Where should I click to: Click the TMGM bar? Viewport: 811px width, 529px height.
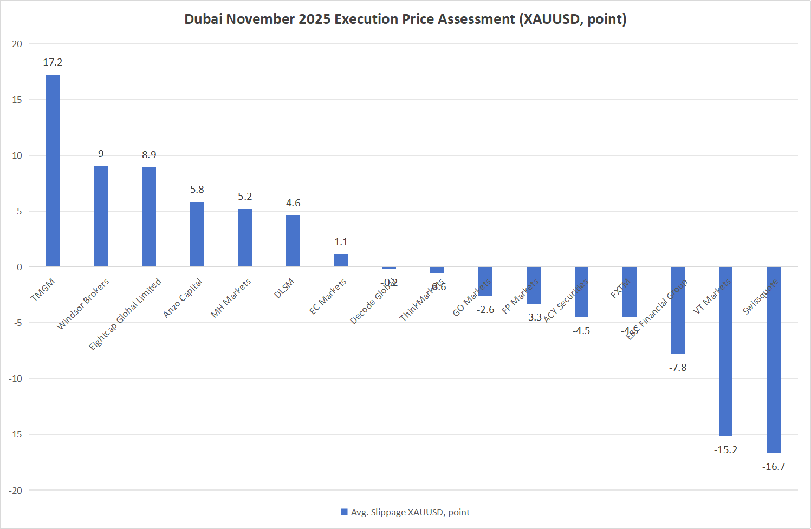(53, 171)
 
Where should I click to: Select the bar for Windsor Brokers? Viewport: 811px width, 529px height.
(101, 217)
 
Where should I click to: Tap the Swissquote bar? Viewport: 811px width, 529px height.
(773, 360)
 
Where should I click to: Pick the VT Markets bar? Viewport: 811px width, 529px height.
(725, 352)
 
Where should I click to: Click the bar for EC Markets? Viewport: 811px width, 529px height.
(341, 260)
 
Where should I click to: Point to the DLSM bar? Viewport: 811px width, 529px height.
(293, 241)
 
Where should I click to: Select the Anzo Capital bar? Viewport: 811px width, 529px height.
(197, 234)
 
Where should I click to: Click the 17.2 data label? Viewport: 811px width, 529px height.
(53, 62)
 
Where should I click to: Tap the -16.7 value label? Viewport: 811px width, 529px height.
(773, 467)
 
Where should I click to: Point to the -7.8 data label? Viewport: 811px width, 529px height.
(677, 368)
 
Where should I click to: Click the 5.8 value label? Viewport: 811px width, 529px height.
(197, 190)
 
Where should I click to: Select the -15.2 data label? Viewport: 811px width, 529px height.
(725, 450)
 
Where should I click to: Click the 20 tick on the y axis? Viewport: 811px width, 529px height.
(17, 44)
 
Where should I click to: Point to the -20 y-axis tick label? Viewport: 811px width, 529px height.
(16, 491)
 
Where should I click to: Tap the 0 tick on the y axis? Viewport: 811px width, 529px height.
(20, 267)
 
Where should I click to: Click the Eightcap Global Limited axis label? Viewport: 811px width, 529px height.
(125, 314)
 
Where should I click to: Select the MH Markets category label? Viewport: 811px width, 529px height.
(231, 298)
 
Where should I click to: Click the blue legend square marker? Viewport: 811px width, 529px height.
(344, 512)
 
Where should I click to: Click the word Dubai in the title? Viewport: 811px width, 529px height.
(203, 19)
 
